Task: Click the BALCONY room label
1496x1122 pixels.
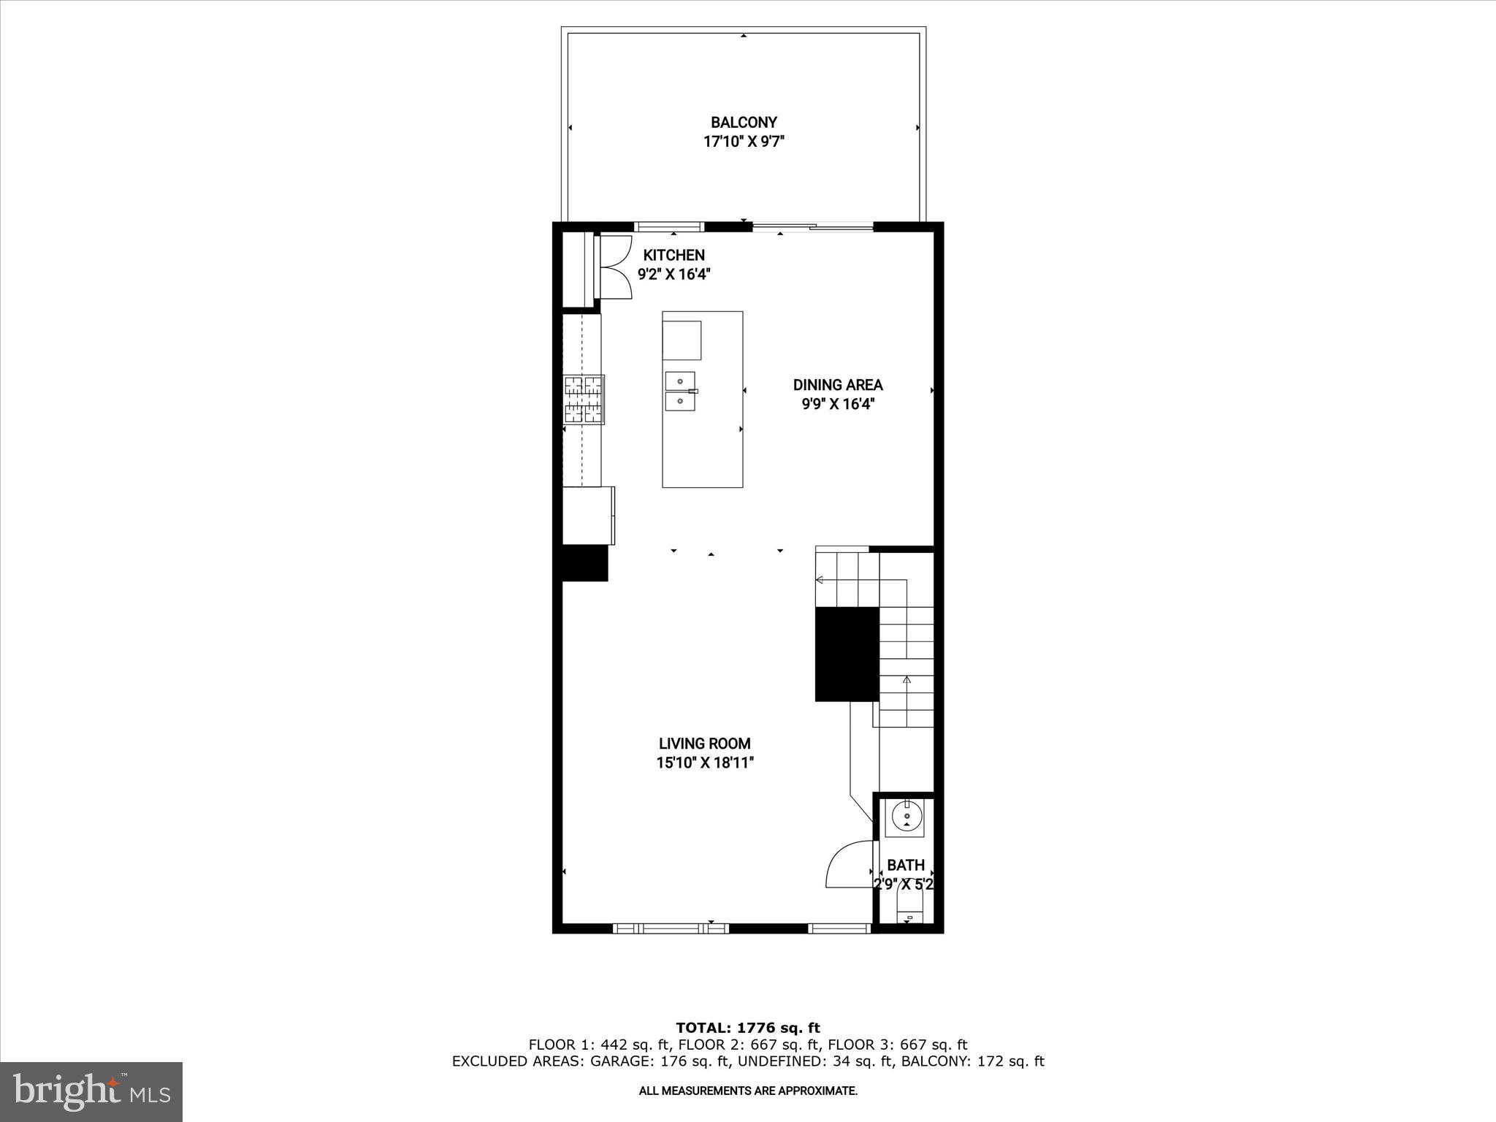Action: [x=744, y=122]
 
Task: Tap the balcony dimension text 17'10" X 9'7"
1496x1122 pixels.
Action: [x=744, y=142]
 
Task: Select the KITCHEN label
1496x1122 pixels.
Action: [x=673, y=255]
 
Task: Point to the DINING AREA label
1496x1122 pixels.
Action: [x=838, y=385]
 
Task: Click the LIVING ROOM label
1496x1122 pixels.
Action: [x=704, y=744]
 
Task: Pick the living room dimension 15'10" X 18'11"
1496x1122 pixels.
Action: [x=704, y=763]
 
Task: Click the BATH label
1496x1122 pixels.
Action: [x=906, y=865]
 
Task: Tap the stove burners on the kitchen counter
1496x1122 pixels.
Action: [x=584, y=400]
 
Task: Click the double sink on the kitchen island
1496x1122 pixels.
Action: [x=681, y=391]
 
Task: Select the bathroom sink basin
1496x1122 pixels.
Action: [x=906, y=817]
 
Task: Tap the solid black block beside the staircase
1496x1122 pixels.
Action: [x=847, y=654]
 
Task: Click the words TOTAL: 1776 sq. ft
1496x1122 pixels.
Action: [x=747, y=1028]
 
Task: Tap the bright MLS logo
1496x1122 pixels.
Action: [x=91, y=1091]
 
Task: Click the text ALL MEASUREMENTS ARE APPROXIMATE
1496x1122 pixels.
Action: [x=747, y=1091]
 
